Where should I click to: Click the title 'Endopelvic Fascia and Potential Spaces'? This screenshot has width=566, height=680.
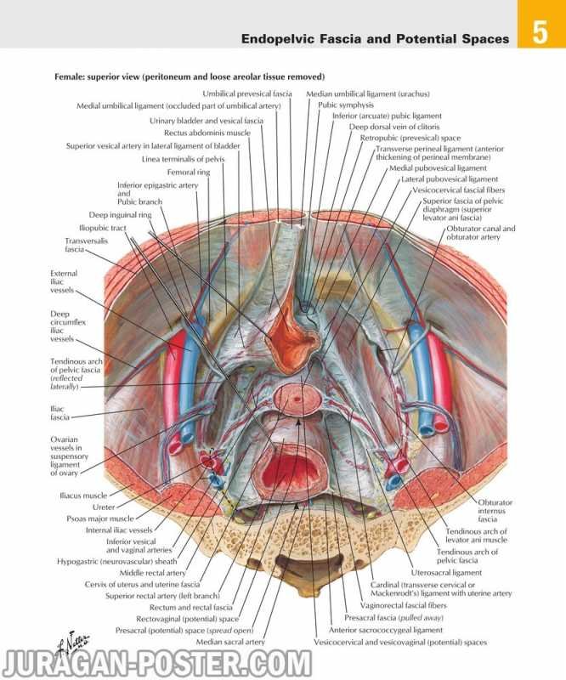click(x=375, y=39)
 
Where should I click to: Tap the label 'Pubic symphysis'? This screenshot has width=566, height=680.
click(x=346, y=105)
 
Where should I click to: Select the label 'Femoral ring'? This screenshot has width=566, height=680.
click(x=189, y=173)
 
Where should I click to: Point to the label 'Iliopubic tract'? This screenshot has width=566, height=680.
click(x=103, y=228)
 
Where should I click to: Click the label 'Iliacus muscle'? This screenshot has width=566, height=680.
click(x=83, y=496)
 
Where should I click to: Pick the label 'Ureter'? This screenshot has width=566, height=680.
click(x=104, y=507)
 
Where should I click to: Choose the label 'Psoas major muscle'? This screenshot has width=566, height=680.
click(x=100, y=518)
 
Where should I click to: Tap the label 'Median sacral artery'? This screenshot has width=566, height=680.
click(x=230, y=642)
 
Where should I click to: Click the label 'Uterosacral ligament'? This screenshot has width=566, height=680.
click(x=446, y=572)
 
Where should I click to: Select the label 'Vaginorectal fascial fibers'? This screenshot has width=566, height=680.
click(x=404, y=605)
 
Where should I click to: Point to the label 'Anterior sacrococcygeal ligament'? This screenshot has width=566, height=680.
click(x=386, y=630)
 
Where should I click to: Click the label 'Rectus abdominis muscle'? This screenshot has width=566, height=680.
click(x=207, y=133)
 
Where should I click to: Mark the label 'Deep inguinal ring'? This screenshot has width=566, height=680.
click(x=120, y=215)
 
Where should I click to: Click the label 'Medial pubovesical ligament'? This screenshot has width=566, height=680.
click(x=438, y=167)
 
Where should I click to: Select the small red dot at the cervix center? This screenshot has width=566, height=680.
click(x=297, y=399)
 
